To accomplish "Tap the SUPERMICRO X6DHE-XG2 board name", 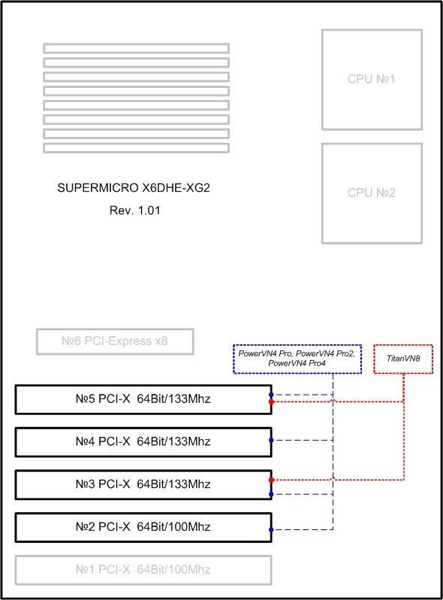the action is click(x=134, y=188).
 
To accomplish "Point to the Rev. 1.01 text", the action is click(x=134, y=211).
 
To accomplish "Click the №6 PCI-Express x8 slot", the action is click(x=115, y=341).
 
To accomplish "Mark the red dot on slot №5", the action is click(x=271, y=402).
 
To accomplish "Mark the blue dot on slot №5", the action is click(x=271, y=395).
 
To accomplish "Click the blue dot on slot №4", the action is click(x=271, y=440).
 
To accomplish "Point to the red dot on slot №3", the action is click(x=271, y=480).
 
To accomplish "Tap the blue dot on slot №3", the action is click(x=271, y=495).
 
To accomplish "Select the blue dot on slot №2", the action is click(x=271, y=529).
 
